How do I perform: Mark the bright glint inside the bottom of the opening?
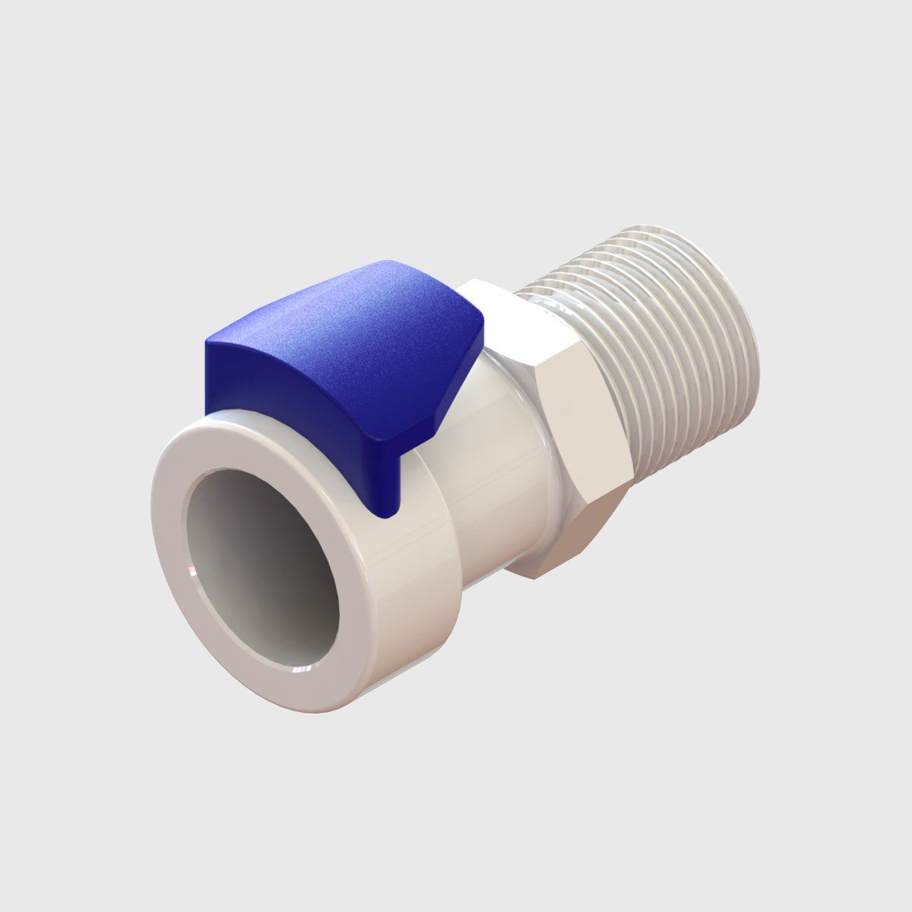click(x=304, y=669)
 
